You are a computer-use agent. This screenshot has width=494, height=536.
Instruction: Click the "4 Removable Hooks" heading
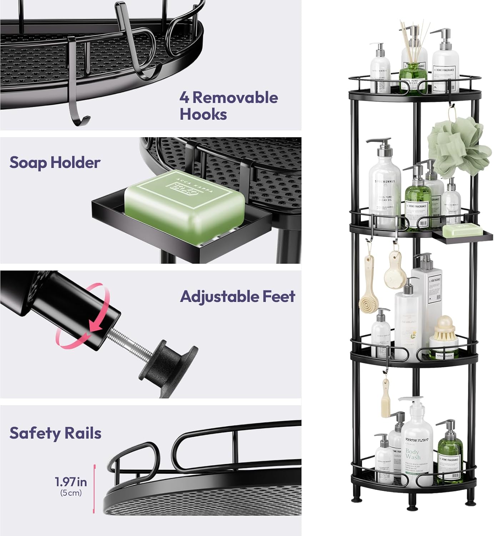[229, 106]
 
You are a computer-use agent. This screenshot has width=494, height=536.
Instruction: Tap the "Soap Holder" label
[55, 163]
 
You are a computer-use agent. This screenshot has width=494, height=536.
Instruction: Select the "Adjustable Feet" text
[238, 297]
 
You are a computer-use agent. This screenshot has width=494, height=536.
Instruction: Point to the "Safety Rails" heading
[55, 433]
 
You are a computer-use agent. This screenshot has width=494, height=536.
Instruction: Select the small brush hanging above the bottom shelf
[385, 400]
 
